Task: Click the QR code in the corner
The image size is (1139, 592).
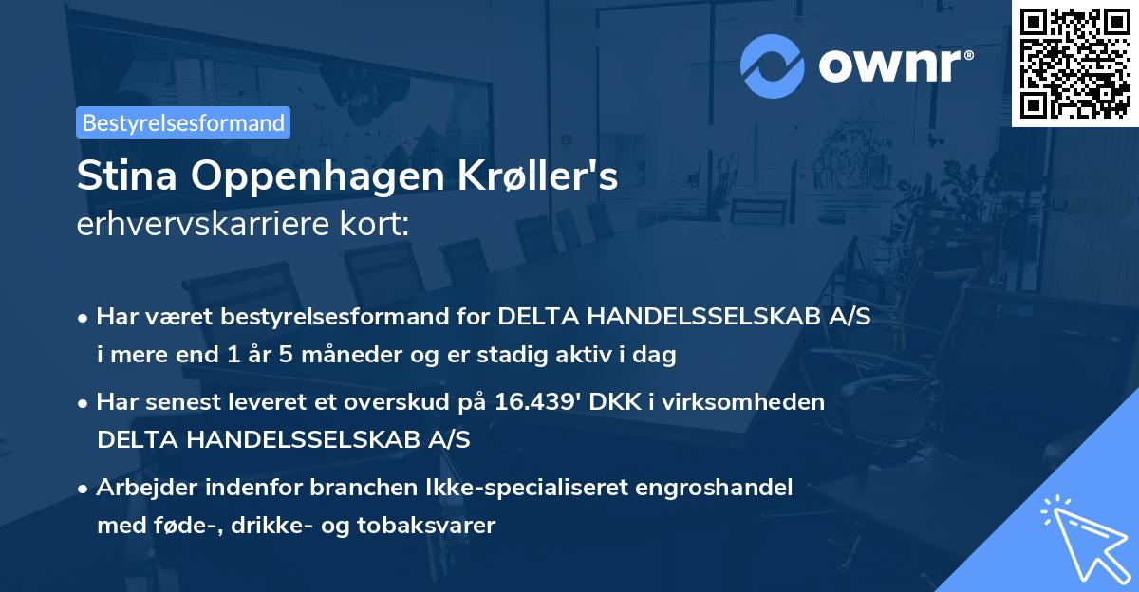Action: tap(1074, 63)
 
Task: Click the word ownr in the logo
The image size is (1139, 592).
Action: tap(894, 66)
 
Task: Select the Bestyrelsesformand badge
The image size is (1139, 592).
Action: tap(183, 122)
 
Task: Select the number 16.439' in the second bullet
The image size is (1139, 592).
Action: tap(536, 401)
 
